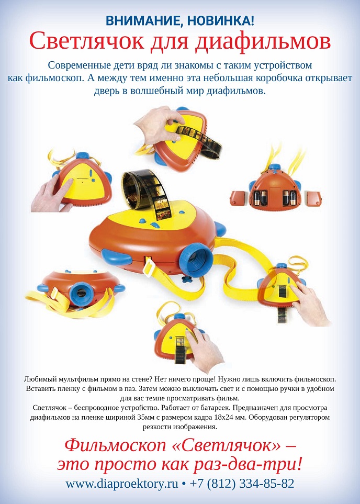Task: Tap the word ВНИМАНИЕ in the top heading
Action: click(136, 21)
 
